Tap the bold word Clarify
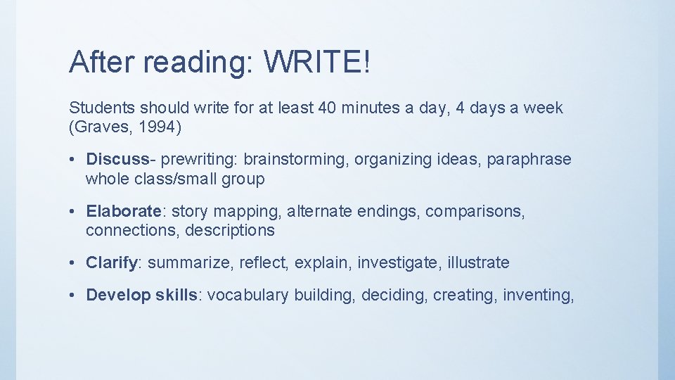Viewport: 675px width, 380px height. pos(112,262)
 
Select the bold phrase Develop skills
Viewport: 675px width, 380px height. pos(142,295)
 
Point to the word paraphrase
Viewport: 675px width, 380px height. pos(528,160)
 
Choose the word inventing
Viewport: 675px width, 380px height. pos(538,295)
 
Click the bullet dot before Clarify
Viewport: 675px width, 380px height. pos(73,262)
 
